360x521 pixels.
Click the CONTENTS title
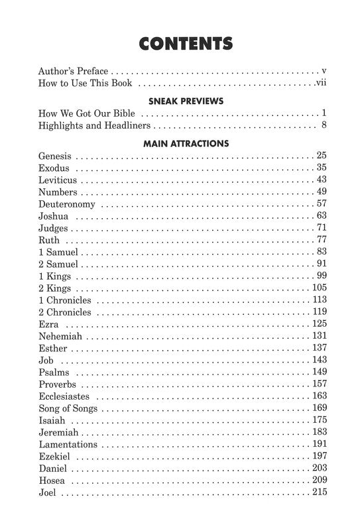coord(186,44)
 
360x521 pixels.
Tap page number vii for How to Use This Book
coord(321,84)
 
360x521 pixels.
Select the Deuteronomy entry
coord(67,203)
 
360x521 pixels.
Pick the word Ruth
coord(49,239)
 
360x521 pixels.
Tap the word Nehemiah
coord(60,336)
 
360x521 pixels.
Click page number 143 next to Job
coord(320,360)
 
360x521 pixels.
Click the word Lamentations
coord(68,444)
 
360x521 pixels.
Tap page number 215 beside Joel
coord(320,492)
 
